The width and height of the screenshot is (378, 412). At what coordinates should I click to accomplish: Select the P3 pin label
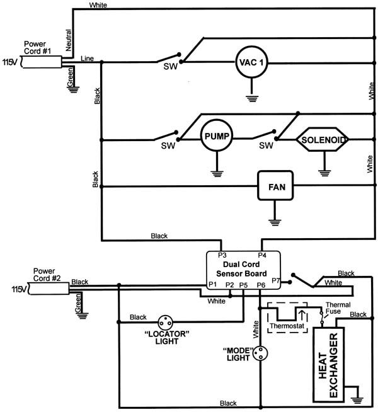point(222,255)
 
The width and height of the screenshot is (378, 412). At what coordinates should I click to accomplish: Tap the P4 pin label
point(262,255)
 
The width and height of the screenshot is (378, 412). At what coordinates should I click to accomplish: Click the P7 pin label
point(275,280)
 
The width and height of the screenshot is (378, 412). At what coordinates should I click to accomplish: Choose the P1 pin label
point(213,285)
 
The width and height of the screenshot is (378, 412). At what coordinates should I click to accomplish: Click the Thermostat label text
point(287,326)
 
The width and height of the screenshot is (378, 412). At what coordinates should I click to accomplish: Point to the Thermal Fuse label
point(338,308)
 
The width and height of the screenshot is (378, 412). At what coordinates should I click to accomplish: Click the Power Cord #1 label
point(37,47)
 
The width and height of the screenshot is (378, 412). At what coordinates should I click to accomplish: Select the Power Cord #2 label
point(47,275)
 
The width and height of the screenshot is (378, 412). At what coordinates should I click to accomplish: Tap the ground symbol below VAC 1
point(251,98)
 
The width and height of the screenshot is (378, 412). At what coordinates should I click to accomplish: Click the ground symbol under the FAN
point(275,222)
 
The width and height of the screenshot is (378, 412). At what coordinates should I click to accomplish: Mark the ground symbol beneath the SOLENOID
point(324,173)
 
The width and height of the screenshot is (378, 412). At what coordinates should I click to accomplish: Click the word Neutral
point(68,40)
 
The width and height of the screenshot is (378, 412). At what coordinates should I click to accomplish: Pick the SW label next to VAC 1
point(171,67)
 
